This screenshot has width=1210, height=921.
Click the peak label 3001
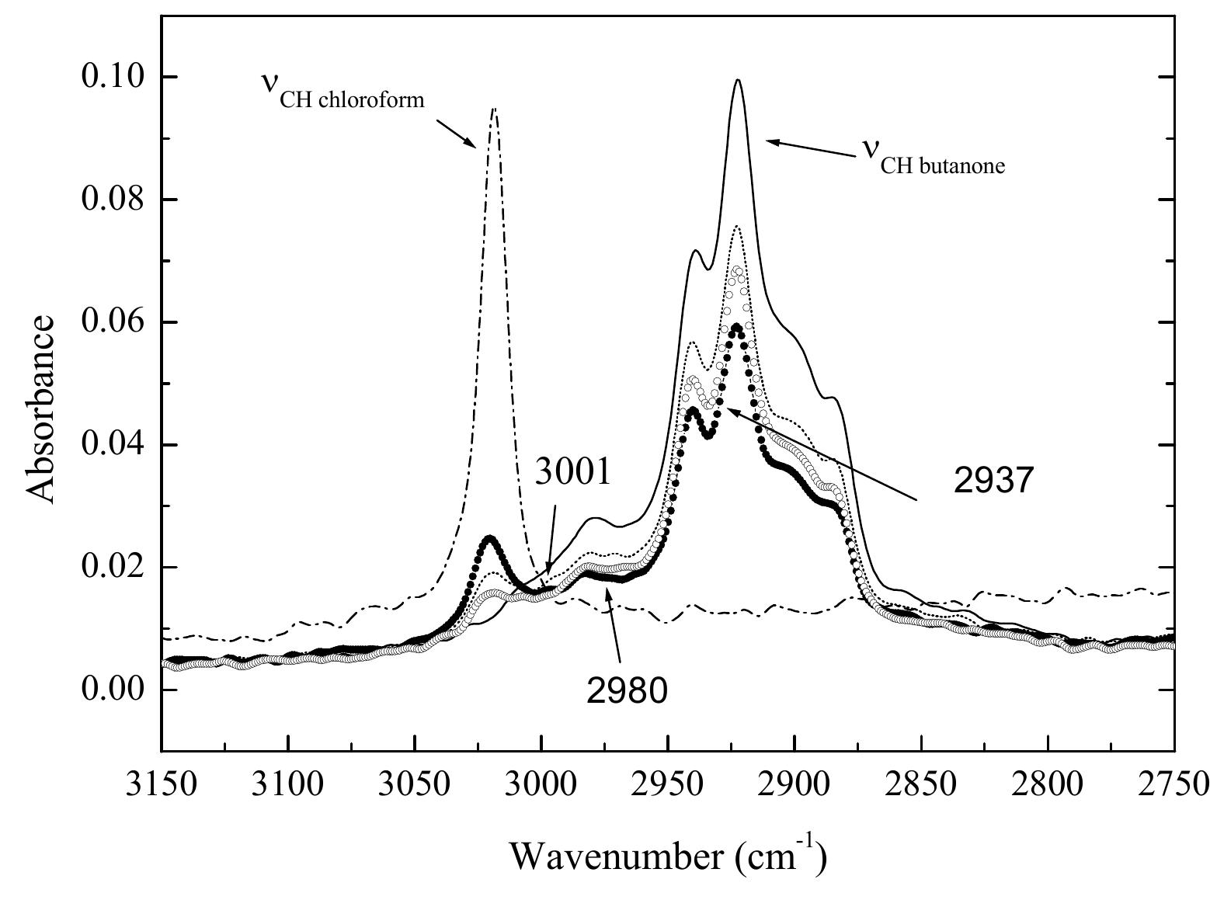pos(572,473)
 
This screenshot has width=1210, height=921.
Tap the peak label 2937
pos(993,481)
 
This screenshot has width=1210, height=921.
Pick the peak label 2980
pos(626,690)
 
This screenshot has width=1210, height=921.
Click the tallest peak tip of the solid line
pos(737,80)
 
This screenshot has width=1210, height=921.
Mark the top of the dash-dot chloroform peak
pos(493,109)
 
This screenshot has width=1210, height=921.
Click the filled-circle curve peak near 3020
pos(489,537)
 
